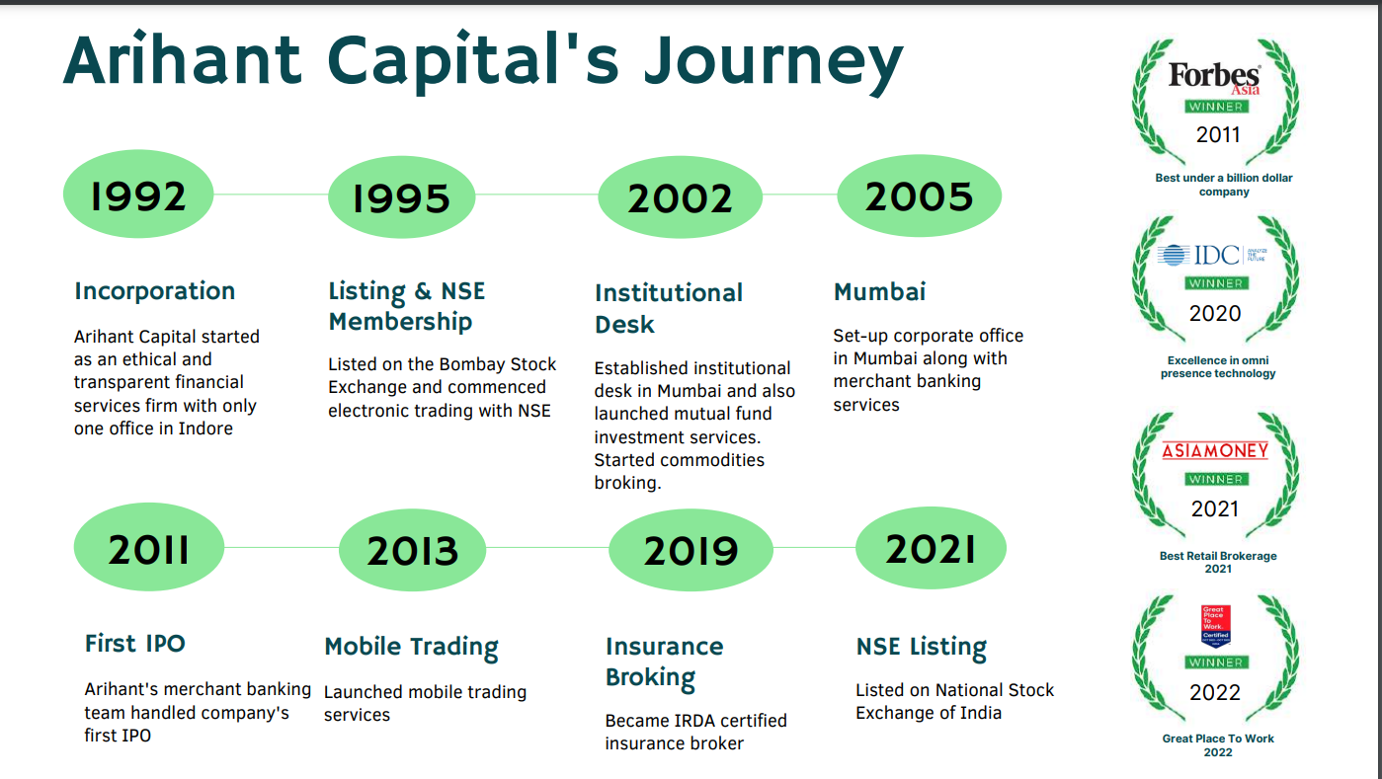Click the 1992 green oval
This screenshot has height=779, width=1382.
[x=138, y=194]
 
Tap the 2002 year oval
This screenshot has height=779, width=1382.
[x=680, y=196]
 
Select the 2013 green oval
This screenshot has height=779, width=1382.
[x=413, y=548]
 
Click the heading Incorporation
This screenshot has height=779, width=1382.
[x=155, y=290]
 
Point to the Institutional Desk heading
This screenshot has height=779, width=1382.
[x=668, y=308]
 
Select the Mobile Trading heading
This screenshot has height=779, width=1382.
[x=411, y=647]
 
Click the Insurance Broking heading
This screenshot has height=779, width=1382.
[x=664, y=662]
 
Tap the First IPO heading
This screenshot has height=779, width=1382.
[x=135, y=643]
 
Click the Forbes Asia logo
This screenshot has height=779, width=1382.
[x=1214, y=77]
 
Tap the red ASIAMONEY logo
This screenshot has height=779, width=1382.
[x=1215, y=450]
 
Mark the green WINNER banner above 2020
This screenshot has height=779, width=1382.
[x=1215, y=282]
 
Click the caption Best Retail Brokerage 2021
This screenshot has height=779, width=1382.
[x=1218, y=562]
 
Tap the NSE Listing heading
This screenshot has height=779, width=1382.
[x=921, y=647]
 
